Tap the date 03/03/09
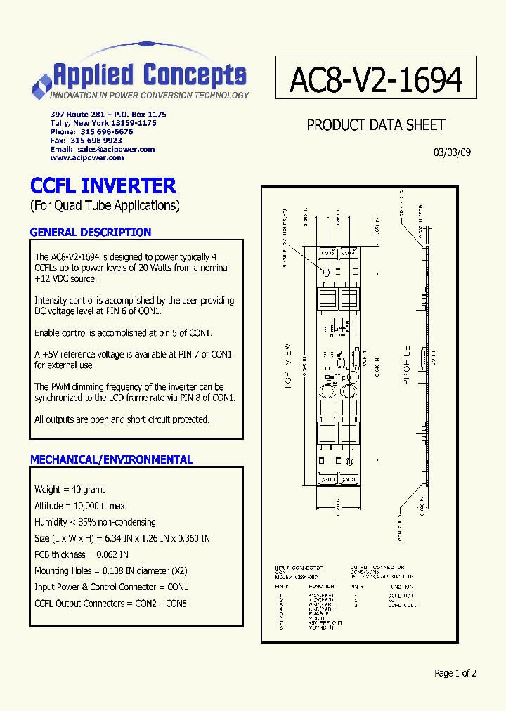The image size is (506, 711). (x=453, y=152)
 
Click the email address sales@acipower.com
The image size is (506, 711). (x=116, y=149)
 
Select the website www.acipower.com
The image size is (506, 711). (x=86, y=158)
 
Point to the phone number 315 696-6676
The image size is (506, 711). (x=106, y=131)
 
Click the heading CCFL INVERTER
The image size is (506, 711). (x=103, y=186)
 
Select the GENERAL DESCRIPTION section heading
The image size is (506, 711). (x=91, y=233)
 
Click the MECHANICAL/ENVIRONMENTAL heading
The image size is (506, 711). (x=111, y=459)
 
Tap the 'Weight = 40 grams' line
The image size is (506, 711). (x=70, y=489)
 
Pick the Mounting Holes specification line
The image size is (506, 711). (x=111, y=570)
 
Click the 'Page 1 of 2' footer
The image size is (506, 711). (x=455, y=673)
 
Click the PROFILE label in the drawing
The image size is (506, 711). (x=406, y=362)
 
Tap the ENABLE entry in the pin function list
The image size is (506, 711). (x=318, y=613)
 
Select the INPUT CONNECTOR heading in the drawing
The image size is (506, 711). (x=299, y=567)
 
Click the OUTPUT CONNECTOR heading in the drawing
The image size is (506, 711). (x=377, y=567)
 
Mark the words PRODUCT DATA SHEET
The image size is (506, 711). (x=376, y=125)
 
